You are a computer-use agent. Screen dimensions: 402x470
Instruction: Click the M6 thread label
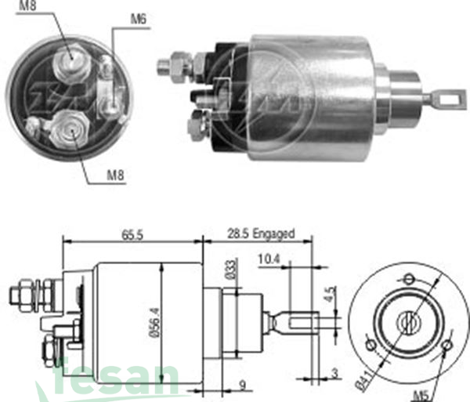click(x=139, y=19)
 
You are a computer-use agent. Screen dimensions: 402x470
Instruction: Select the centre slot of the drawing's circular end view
click(x=408, y=320)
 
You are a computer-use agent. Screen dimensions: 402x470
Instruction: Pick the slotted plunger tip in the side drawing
click(x=301, y=321)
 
